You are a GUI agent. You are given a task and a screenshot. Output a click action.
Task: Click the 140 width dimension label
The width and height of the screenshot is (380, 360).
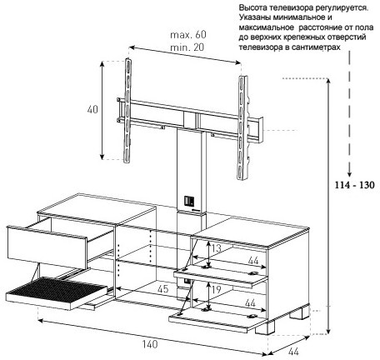[150, 344]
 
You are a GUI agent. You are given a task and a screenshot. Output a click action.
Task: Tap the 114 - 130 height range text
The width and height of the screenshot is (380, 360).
[354, 185]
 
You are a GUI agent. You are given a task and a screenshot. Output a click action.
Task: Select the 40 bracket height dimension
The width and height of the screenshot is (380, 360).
[92, 109]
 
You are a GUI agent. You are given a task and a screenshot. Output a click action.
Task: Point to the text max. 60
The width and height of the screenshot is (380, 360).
[188, 35]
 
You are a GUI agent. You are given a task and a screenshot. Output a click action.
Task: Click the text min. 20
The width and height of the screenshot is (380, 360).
[187, 47]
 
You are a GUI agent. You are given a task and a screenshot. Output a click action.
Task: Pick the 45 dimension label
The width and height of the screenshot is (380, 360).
[162, 289]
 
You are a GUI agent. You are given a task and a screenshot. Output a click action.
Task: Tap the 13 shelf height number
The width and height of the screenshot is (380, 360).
[216, 248]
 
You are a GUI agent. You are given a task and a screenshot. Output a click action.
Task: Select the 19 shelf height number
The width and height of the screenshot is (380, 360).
[216, 290]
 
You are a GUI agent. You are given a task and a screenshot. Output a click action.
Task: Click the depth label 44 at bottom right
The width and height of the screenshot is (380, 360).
[293, 352]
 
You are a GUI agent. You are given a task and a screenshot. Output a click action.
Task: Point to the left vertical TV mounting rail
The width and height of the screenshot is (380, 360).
[127, 110]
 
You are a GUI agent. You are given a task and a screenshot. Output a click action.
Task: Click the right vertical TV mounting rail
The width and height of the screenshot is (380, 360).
[242, 127]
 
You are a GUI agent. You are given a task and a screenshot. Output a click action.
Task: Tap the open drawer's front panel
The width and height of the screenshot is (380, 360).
[47, 247]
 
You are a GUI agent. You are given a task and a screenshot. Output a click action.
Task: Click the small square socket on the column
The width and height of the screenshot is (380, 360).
[189, 200]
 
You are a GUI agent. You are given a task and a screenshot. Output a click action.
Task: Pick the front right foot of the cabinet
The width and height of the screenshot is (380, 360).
[263, 327]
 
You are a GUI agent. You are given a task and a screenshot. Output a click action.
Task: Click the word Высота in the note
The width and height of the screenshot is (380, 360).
[251, 7]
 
